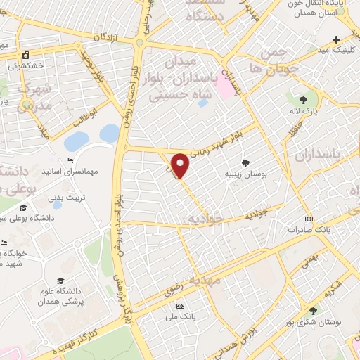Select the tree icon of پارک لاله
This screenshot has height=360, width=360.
click(303, 100)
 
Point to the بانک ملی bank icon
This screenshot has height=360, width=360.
click(180, 306)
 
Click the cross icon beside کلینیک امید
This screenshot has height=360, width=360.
click(337, 39)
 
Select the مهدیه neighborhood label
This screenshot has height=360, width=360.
click(210, 280)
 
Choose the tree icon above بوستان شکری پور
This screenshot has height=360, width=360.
click(313, 309)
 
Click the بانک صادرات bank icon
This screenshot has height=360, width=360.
click(309, 219)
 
